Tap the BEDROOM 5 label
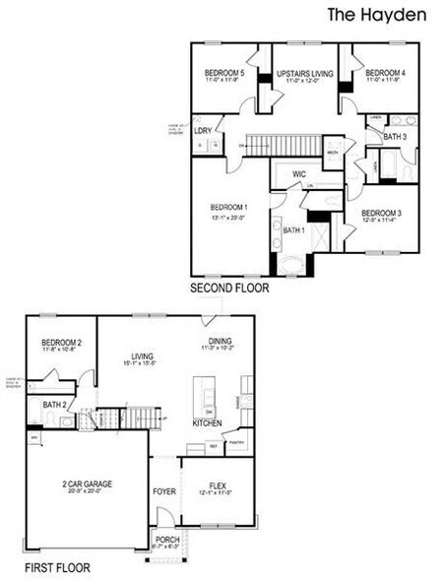(224, 74)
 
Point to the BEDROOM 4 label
(385, 74)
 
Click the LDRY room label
(205, 130)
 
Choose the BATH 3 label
(394, 136)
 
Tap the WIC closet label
(299, 174)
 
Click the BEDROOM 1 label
(228, 207)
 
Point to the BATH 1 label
(294, 229)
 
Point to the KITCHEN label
(206, 423)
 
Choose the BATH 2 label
(55, 405)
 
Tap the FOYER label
(162, 490)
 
